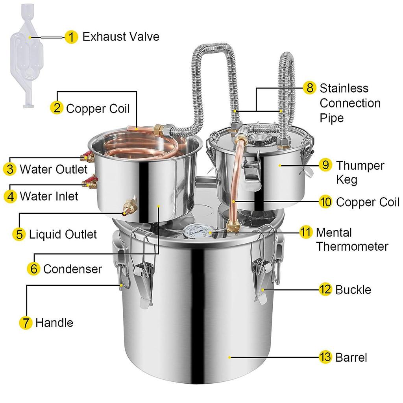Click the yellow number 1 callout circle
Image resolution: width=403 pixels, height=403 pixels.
tap(71, 37)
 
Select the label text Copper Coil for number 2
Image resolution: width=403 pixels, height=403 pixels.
tap(98, 108)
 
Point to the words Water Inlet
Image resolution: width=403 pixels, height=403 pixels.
tap(49, 196)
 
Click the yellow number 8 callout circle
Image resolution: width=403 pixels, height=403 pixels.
tap(310, 88)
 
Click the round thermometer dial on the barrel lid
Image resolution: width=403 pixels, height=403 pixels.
tap(193, 233)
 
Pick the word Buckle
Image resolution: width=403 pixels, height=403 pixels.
tap(353, 290)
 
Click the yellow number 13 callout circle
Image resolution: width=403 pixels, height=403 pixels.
tap(325, 358)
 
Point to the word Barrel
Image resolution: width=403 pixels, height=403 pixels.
tap(351, 358)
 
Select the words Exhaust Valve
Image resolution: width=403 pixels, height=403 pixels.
tap(120, 37)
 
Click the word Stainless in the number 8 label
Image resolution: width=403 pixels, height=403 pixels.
tap(344, 88)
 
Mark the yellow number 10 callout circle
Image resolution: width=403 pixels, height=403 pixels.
tap(325, 202)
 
